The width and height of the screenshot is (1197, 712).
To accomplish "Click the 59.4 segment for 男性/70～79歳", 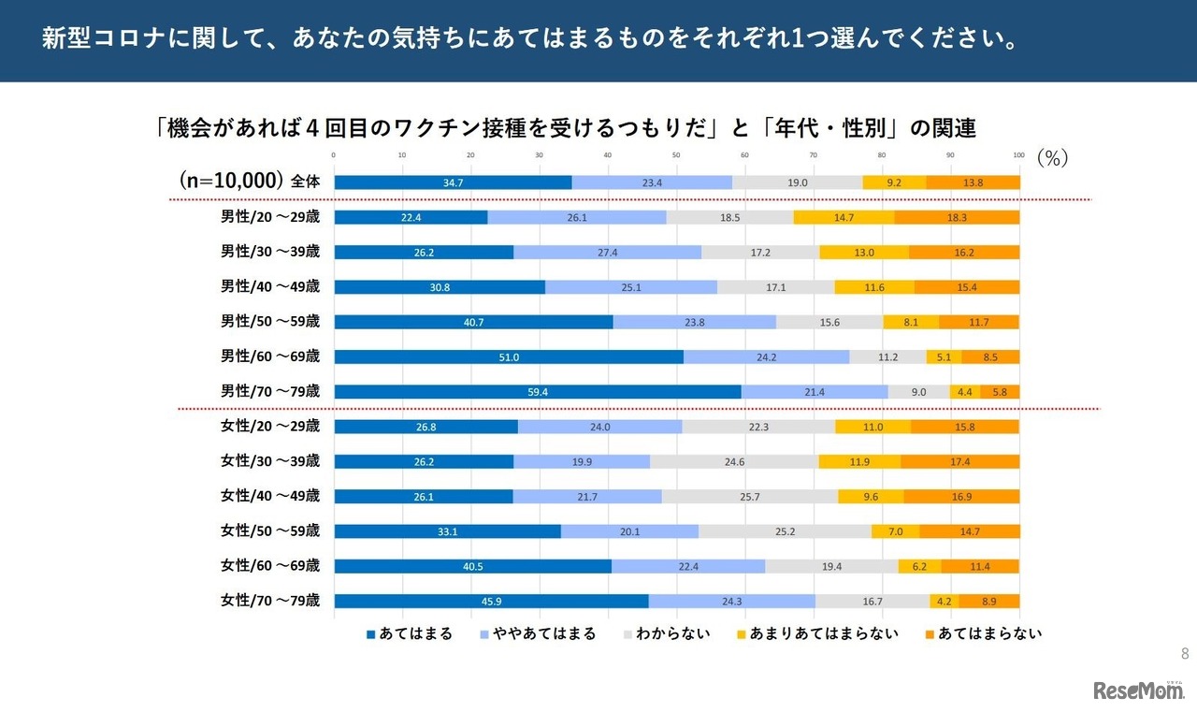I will pyautogui.click(x=538, y=392).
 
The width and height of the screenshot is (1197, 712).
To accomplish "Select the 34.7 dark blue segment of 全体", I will pyautogui.click(x=453, y=182).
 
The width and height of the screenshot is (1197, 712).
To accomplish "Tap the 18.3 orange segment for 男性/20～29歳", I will pyautogui.click(x=957, y=217).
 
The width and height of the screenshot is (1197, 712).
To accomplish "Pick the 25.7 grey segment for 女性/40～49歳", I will pyautogui.click(x=750, y=497).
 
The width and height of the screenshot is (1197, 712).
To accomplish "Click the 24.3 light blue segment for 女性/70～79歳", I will pyautogui.click(x=731, y=602).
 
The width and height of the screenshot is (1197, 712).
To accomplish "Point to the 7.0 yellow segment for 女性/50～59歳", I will pyautogui.click(x=895, y=531).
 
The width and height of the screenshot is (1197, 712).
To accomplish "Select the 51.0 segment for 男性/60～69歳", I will pyautogui.click(x=509, y=356).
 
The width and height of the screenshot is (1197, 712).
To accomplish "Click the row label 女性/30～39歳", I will pyautogui.click(x=270, y=461).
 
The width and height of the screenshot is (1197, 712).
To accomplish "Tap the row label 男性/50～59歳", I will pyautogui.click(x=270, y=322).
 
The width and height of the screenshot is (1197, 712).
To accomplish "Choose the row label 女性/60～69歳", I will pyautogui.click(x=270, y=566).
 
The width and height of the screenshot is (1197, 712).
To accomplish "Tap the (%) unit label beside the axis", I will pyautogui.click(x=1052, y=159).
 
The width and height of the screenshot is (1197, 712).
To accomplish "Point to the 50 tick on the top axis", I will pyautogui.click(x=676, y=155).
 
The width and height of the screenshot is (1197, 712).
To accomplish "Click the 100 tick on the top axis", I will pyautogui.click(x=1018, y=155).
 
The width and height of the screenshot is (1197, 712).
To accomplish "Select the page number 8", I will pyautogui.click(x=1185, y=653).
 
